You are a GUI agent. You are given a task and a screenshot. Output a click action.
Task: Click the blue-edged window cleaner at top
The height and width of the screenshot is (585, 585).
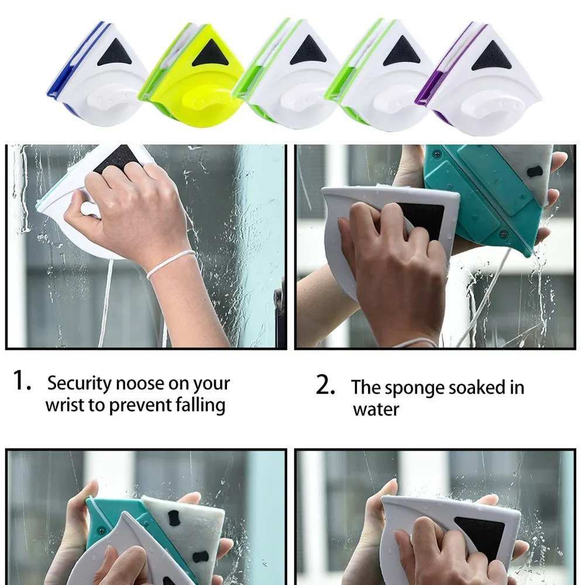coord(98,75)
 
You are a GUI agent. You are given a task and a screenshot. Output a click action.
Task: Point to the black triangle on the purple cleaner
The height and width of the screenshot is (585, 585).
coord(491,56)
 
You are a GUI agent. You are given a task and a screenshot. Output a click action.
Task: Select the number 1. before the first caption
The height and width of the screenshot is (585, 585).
coord(22,380)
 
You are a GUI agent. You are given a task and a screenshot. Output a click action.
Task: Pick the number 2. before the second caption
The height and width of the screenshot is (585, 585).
coord(325,385)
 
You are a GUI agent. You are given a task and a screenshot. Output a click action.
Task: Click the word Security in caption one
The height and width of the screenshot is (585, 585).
coord(80,383)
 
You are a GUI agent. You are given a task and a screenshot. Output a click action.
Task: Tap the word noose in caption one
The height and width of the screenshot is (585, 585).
coord(140,384)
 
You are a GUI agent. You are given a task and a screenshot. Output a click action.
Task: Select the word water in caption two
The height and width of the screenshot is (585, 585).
coord(376,409)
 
